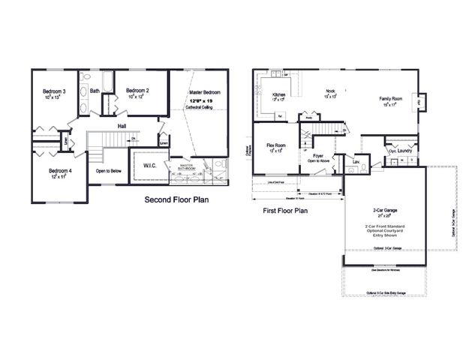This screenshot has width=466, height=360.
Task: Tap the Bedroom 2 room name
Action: [x=137, y=91]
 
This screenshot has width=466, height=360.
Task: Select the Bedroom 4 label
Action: [x=60, y=170]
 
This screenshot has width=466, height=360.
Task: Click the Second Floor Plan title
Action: [x=176, y=201]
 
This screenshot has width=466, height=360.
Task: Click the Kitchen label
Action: [x=278, y=95]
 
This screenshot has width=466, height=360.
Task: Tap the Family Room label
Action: [x=392, y=98]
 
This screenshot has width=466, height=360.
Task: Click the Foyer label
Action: [x=318, y=154]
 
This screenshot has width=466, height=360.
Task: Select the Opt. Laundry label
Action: [x=402, y=151]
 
